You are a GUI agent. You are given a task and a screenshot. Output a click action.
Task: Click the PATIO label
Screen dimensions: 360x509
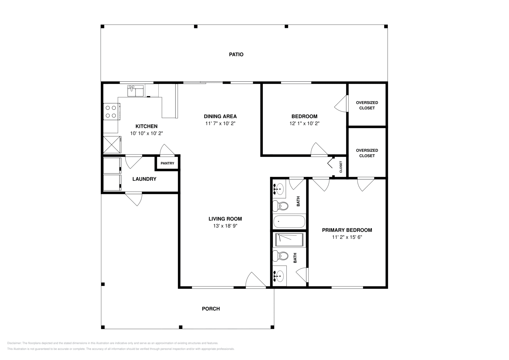click(x=236, y=54)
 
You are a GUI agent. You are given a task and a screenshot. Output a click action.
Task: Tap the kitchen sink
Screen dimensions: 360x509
click(x=136, y=91)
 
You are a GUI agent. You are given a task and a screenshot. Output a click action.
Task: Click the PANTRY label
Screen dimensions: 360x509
click(x=167, y=163)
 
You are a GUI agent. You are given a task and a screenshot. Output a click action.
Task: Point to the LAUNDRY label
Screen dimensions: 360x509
click(x=144, y=179)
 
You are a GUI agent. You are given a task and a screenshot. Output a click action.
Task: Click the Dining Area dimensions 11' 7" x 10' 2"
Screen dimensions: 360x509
click(x=220, y=123)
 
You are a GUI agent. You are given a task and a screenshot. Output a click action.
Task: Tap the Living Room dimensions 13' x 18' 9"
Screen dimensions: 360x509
click(x=225, y=226)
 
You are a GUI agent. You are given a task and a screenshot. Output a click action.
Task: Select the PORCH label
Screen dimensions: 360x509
click(x=211, y=308)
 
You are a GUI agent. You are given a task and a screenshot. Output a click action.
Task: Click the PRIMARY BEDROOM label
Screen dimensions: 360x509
click(x=347, y=230)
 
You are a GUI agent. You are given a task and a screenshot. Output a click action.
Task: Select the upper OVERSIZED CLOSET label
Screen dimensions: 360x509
click(x=367, y=105)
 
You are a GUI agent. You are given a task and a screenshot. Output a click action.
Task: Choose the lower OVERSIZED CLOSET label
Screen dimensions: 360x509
click(x=367, y=153)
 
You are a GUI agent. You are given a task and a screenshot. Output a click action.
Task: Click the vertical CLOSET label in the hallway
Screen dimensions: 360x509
click(x=341, y=167)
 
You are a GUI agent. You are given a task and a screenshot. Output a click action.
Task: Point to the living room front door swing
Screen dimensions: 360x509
click(x=255, y=280)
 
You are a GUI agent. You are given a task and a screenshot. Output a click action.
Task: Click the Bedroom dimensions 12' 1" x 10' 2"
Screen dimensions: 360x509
click(x=304, y=123)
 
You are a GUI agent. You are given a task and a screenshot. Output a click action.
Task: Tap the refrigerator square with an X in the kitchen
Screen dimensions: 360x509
click(x=112, y=144)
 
